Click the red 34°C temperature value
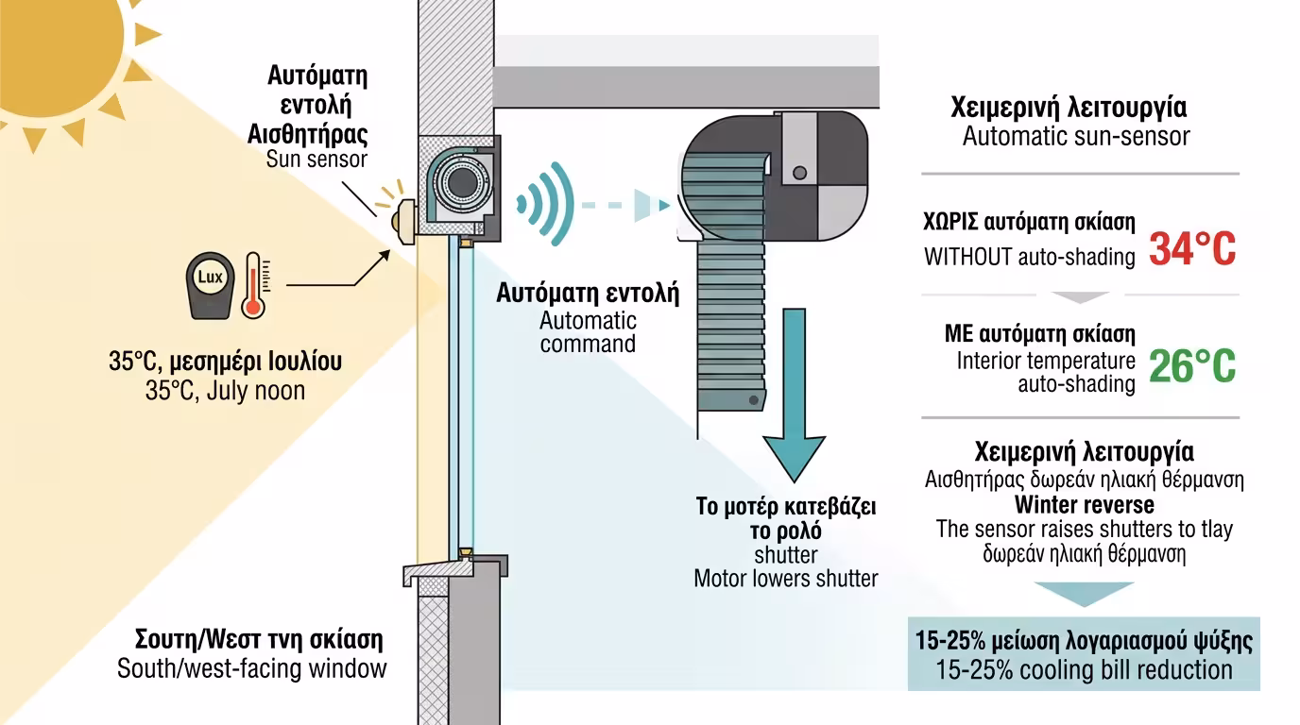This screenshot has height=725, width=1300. (1192, 248)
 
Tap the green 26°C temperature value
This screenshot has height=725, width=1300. (1192, 366)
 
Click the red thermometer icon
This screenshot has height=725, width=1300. (253, 284)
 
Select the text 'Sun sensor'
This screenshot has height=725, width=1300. (316, 159)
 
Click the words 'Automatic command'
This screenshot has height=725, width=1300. (588, 331)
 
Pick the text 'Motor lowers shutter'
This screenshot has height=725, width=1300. (786, 578)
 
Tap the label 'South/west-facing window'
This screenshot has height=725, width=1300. (252, 668)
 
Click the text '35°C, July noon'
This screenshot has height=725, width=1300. (225, 390)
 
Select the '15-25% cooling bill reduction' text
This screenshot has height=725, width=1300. (1084, 670)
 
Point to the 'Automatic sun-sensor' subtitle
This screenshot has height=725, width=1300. (1076, 136)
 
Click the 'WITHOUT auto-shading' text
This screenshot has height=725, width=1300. (1030, 257)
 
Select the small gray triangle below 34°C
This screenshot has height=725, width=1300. (1079, 297)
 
